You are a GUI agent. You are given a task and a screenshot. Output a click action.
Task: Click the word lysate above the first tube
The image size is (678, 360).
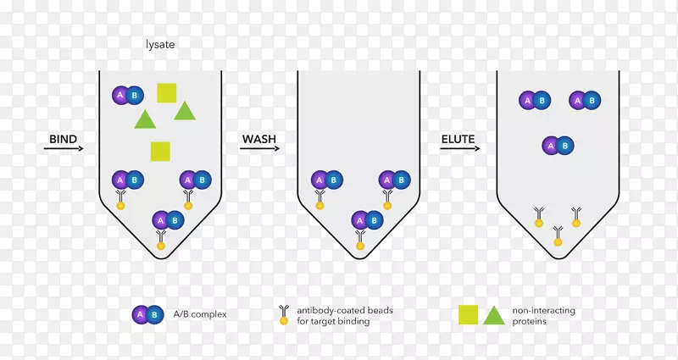pos(160,45)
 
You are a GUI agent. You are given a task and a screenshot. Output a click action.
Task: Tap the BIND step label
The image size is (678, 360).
pos(63,139)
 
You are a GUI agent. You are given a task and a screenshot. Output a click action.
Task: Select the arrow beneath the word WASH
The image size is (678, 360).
pos(259,149)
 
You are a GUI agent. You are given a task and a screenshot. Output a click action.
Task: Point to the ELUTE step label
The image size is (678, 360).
pos(458,139)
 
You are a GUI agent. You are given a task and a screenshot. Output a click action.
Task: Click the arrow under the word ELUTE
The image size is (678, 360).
pos(460,149)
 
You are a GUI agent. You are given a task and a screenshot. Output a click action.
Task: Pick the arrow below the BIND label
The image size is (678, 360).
pos(64,149)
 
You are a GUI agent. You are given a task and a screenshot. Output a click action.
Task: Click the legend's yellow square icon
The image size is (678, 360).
pos(469,314)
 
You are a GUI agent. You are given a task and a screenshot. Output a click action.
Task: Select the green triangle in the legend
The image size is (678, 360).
pos(494,316)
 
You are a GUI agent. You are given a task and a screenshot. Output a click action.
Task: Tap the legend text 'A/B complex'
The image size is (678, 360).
pos(200,314)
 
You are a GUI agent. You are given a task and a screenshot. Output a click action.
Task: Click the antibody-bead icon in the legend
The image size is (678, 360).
pos(284,314)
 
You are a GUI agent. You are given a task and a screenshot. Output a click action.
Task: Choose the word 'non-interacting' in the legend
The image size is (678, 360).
pos(543,310)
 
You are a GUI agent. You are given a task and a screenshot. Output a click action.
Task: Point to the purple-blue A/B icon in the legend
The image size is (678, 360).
pos(147,314)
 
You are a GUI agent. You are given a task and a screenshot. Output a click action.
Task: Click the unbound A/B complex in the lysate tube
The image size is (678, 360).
pos(128,96)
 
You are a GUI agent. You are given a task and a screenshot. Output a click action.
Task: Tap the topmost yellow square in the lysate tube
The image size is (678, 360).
pos(166,93)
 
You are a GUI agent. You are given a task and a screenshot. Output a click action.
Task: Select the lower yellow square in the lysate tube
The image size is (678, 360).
pos(160,152)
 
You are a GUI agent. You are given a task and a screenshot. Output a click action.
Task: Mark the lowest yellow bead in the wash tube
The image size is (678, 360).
pos(360,246)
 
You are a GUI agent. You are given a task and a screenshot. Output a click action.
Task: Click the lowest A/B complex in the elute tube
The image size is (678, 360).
pos(558,146)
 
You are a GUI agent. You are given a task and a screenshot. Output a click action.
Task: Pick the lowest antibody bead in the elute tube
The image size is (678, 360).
pos(559,236)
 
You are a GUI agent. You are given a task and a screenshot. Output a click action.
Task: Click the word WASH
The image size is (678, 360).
pos(259,139)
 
